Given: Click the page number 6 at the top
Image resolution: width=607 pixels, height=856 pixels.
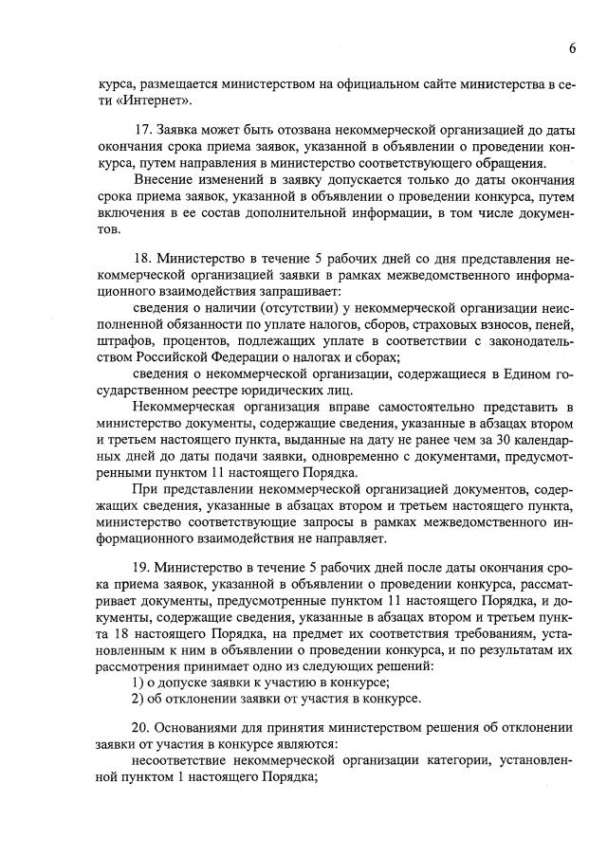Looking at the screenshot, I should pyautogui.click(x=573, y=47).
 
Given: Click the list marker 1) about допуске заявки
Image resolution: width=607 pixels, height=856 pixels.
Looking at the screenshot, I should pyautogui.click(x=137, y=683).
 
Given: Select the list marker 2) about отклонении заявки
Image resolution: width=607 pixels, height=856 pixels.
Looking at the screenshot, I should pyautogui.click(x=137, y=699).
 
